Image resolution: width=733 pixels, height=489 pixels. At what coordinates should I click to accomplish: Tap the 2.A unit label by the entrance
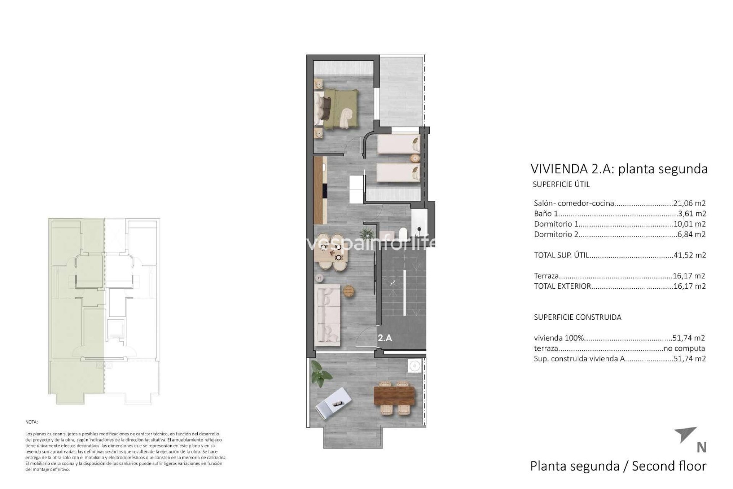(385, 338)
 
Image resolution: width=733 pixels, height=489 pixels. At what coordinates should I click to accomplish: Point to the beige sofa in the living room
(328, 315)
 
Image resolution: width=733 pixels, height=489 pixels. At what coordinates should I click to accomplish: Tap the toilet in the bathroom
(402, 233)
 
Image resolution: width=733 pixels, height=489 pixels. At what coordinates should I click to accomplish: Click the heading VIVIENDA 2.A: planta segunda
(619, 169)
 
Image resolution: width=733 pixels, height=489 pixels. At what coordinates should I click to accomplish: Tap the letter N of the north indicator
(701, 447)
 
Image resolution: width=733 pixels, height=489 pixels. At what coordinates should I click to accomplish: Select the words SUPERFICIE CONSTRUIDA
(577, 317)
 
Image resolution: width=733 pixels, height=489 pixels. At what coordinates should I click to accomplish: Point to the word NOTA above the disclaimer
(32, 422)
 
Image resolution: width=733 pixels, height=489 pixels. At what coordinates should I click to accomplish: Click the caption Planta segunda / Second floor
(618, 466)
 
